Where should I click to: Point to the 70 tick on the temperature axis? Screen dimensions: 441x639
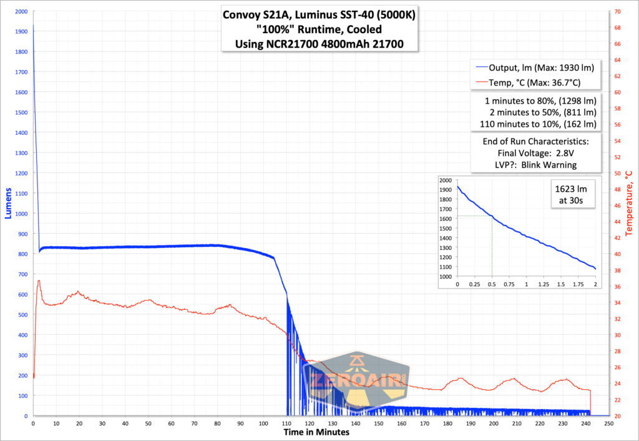618,12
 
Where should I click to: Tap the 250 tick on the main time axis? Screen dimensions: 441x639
608,424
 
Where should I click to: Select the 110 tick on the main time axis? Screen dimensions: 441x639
286,424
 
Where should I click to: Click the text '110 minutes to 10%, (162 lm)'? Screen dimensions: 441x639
535,124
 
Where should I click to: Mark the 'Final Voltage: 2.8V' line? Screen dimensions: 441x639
535,153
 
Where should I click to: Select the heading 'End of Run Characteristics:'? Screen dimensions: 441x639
535,141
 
